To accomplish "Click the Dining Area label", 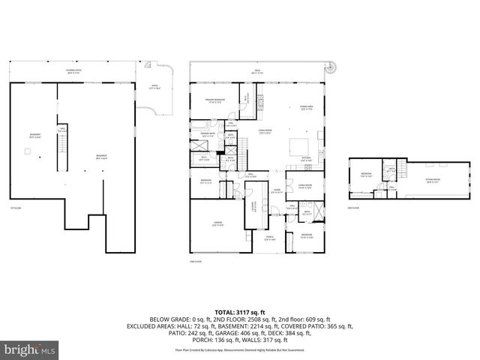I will (306, 107).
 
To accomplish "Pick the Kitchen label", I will (306, 158).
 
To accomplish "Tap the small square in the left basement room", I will (27, 151).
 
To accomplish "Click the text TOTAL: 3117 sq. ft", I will (240, 310).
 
